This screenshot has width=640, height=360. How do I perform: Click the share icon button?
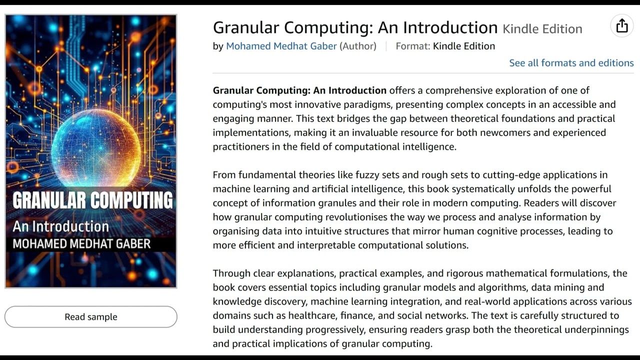point(622,26)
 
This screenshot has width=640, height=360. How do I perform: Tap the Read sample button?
point(91,317)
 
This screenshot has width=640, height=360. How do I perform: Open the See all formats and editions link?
point(571,63)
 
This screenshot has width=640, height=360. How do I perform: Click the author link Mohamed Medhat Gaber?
point(281,46)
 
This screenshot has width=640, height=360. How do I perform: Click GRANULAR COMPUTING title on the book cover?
point(92,200)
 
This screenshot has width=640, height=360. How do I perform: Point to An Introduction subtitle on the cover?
point(60,226)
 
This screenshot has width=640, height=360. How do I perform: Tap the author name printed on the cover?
point(81,244)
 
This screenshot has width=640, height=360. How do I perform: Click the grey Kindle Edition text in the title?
point(542,29)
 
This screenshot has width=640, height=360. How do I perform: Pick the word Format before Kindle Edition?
point(412,46)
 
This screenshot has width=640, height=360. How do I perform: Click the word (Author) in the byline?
point(358,46)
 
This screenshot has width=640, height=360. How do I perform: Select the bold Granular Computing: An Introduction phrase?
point(299,90)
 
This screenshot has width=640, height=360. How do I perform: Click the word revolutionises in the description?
point(357,217)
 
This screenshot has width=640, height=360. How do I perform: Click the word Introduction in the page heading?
point(450,27)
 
